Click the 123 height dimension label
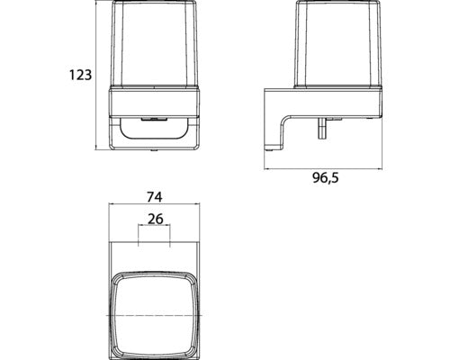point(80,76)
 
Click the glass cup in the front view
point(154,49)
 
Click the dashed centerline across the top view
point(154,317)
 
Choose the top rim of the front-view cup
point(154,6)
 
